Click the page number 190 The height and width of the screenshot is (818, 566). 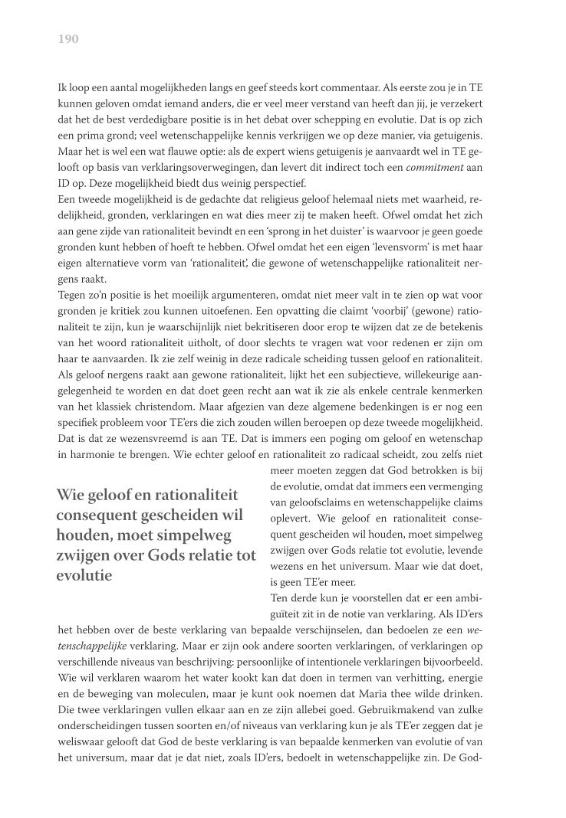coord(68,38)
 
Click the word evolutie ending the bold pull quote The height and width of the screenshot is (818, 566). coord(84,575)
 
